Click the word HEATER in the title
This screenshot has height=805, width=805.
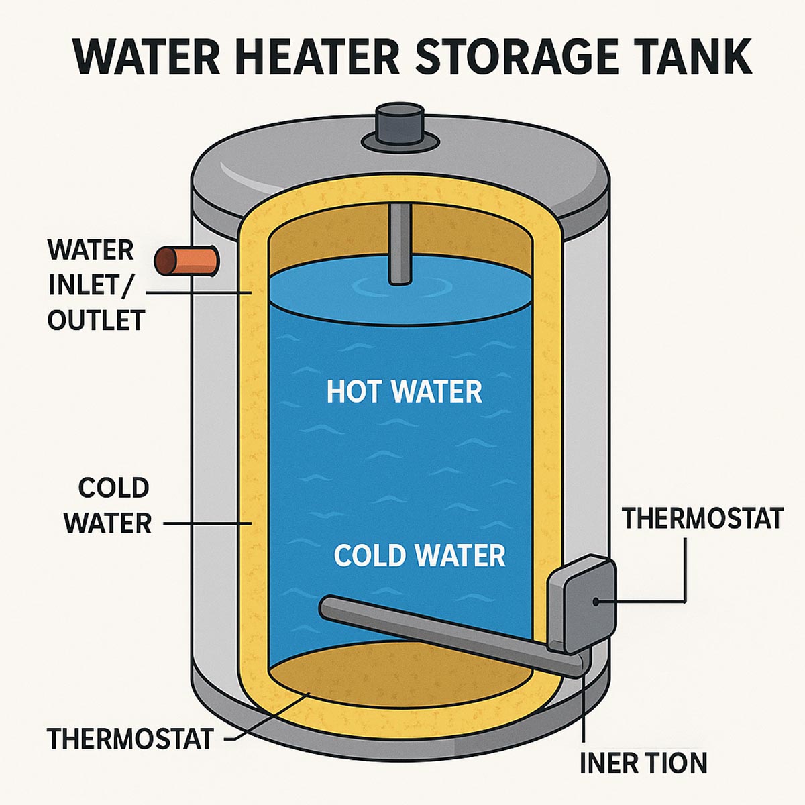click(317, 57)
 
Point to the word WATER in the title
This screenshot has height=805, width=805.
click(146, 57)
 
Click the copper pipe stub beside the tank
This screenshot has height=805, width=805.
click(186, 261)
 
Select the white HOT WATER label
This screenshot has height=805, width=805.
click(404, 391)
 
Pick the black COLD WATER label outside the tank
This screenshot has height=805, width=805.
click(108, 505)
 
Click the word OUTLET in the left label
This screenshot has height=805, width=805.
click(96, 320)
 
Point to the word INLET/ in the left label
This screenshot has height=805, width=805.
click(91, 285)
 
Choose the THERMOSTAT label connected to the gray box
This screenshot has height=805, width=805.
click(702, 519)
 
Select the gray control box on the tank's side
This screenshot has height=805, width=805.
click(582, 604)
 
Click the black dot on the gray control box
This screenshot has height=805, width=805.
click(596, 601)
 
